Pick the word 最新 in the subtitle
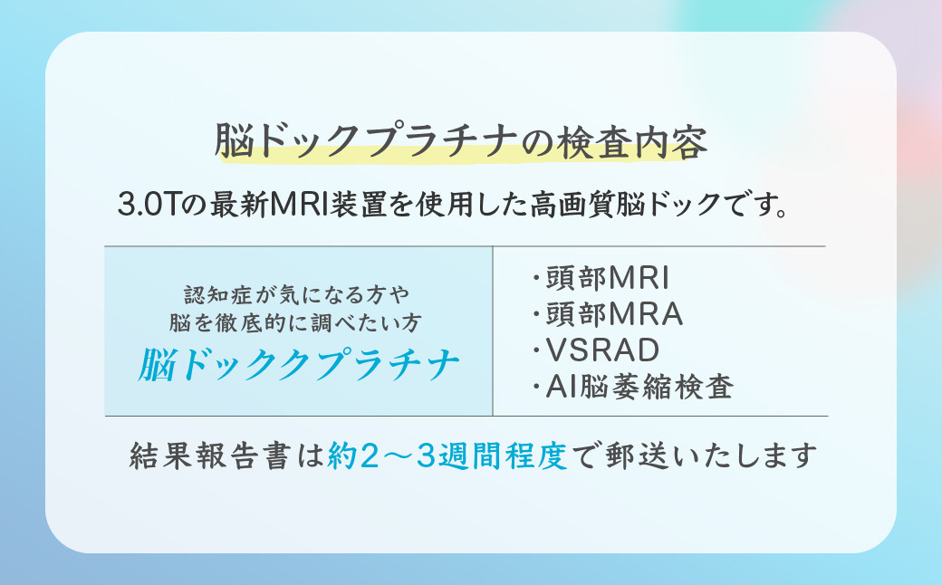point(239,205)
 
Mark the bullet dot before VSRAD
point(535,350)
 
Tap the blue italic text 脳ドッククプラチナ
point(299,364)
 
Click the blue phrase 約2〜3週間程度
point(447,456)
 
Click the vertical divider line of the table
point(493,331)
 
